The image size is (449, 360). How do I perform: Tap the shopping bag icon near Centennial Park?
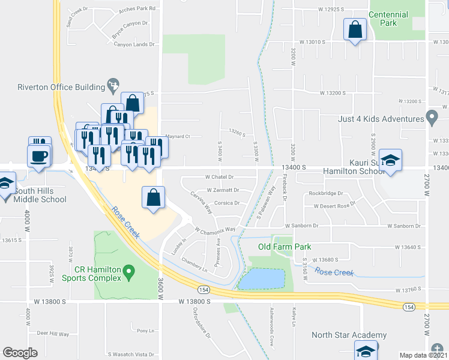click(355, 28)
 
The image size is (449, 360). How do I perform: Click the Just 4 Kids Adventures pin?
click(431, 117)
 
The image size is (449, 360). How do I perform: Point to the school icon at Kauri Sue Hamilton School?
click(390, 160)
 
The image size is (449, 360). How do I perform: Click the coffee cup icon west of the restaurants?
click(40, 155)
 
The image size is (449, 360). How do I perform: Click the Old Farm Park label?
click(285, 247)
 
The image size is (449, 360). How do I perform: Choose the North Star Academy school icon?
click(365, 350)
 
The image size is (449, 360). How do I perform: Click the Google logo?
click(20, 353)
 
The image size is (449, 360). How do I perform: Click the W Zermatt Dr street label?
click(219, 190)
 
